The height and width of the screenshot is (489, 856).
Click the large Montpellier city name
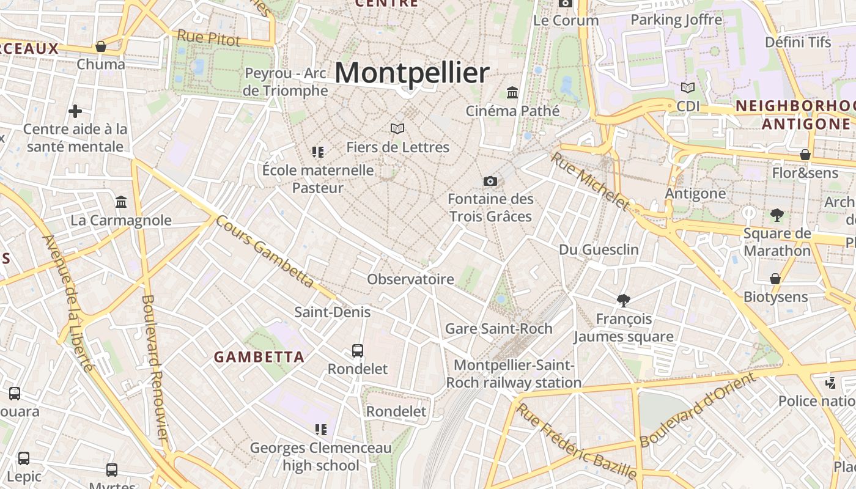[x=411, y=73]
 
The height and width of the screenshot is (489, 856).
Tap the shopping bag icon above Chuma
[x=101, y=46]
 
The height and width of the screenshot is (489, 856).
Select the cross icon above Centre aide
[x=75, y=111]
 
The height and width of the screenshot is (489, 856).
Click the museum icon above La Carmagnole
[x=121, y=202]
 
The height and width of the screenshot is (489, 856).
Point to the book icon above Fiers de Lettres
[x=397, y=128]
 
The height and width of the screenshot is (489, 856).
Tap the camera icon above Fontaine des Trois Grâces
[x=490, y=181]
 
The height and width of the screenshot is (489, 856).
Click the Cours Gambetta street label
[x=265, y=251]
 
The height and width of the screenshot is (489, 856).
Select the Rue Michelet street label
[x=590, y=182]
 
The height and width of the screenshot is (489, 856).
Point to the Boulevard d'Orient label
[x=697, y=410]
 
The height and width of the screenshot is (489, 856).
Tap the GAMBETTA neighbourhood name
[x=259, y=357]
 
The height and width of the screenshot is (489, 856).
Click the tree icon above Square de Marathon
[x=777, y=215]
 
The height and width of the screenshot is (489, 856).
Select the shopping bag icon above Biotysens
[x=775, y=279]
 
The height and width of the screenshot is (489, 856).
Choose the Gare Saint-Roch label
[x=498, y=328]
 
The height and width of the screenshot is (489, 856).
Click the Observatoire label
[x=410, y=279]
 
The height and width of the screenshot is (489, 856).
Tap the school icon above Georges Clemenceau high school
[x=321, y=430]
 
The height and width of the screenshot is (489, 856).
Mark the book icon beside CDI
[x=688, y=88]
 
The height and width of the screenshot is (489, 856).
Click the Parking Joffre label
[x=676, y=20]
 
